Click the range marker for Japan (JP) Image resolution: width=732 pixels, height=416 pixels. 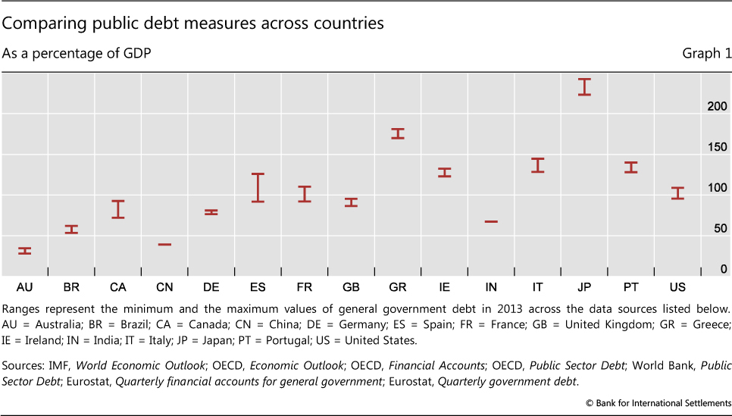pyautogui.click(x=583, y=86)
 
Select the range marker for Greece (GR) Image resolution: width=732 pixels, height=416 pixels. pyautogui.click(x=397, y=133)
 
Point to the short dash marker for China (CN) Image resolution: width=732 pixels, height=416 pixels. pyautogui.click(x=164, y=244)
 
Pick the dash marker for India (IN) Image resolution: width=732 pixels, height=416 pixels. pyautogui.click(x=491, y=221)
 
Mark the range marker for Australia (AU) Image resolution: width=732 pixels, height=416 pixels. pyautogui.click(x=24, y=251)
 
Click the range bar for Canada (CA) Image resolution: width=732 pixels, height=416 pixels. pyautogui.click(x=117, y=209)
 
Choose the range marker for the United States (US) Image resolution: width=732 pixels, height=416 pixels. pyautogui.click(x=677, y=192)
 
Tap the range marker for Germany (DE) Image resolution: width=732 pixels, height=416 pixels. pyautogui.click(x=211, y=212)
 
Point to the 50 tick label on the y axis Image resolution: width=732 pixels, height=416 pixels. pyautogui.click(x=720, y=228)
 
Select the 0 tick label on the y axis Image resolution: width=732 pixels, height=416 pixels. pyautogui.click(x=724, y=269)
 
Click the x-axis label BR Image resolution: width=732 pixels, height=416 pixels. pyautogui.click(x=71, y=287)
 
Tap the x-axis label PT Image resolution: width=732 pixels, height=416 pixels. pyautogui.click(x=630, y=287)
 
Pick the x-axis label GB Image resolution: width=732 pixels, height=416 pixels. pyautogui.click(x=351, y=287)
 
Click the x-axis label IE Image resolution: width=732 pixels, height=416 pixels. pyautogui.click(x=444, y=287)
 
